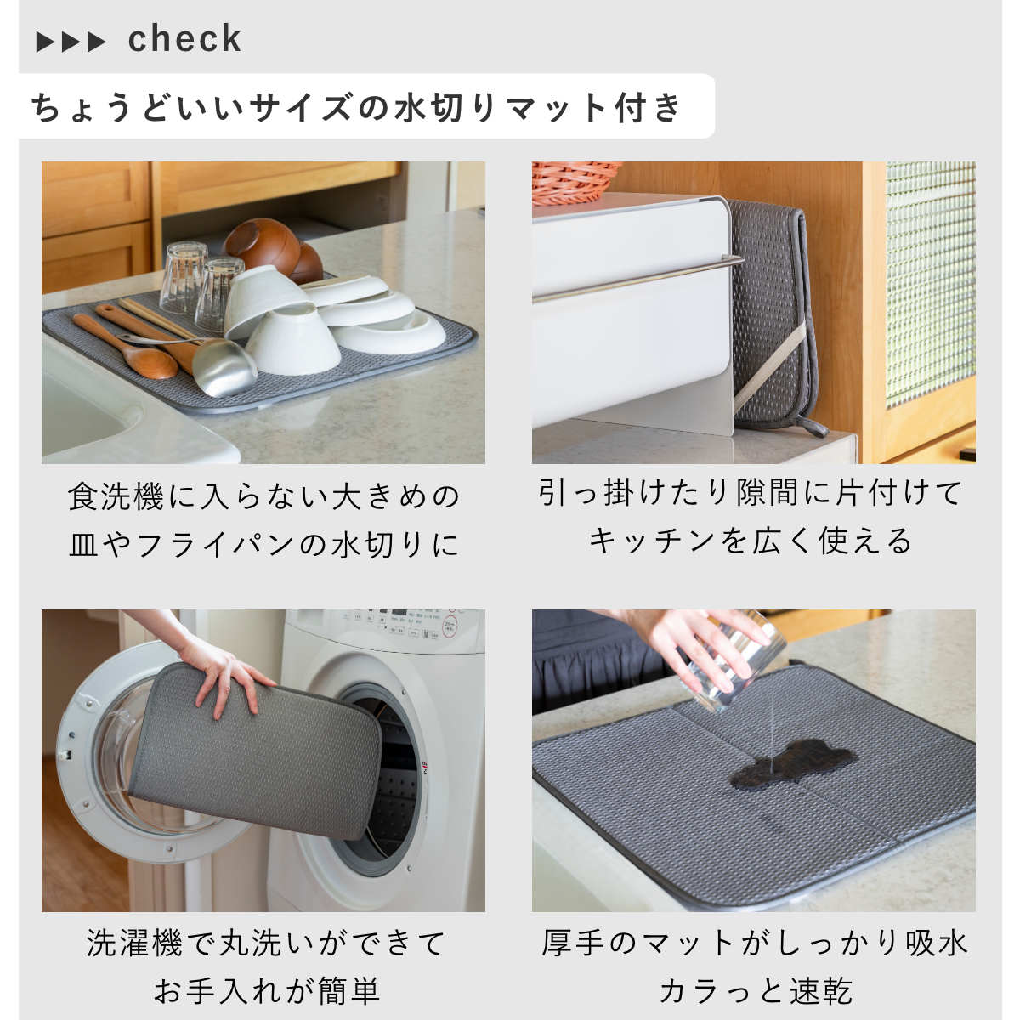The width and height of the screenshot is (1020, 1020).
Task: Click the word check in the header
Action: [x=184, y=39]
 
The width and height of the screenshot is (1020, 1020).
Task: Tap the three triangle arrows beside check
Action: [x=71, y=42]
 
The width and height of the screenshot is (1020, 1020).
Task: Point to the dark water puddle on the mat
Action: [x=790, y=763]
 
